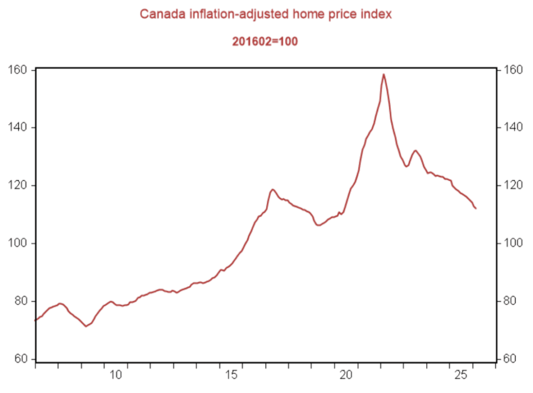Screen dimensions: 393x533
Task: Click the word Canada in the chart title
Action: (x=158, y=15)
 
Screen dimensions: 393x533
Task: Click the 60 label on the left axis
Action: (x=24, y=359)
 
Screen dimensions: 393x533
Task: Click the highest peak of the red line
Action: (x=384, y=74)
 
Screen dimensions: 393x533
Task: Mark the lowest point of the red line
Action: (x=86, y=326)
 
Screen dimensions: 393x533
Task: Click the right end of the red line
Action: (x=476, y=208)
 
